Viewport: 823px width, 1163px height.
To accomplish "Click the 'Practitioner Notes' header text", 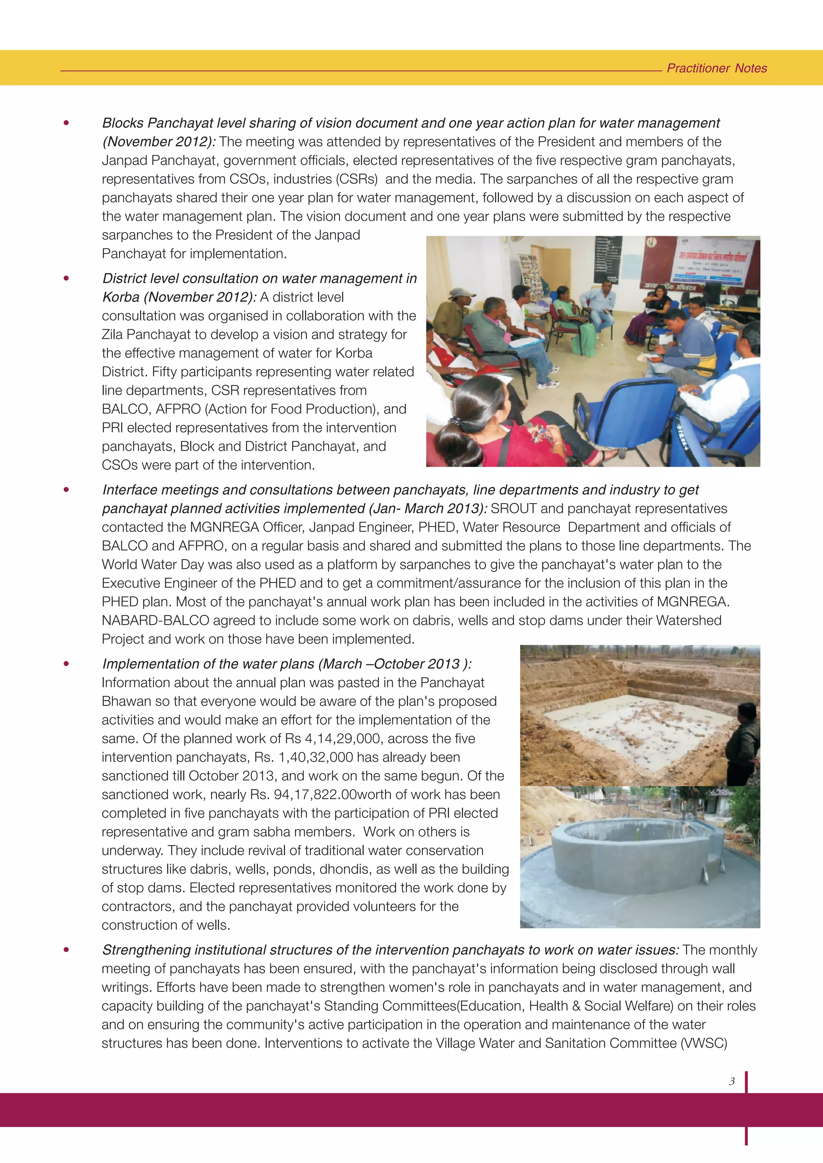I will [716, 68].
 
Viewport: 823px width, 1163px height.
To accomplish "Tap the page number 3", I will [731, 1081].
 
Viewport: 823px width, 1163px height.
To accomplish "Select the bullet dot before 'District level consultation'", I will [66, 278].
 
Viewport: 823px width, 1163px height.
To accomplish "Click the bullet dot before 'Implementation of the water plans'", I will [66, 663].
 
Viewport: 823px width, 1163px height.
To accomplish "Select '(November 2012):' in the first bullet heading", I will [159, 142].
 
